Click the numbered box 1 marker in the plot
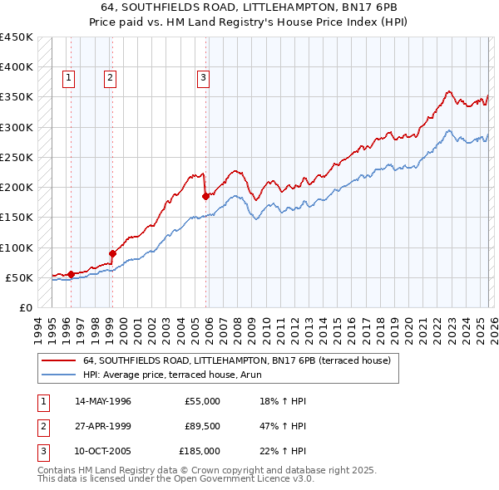pos(67,78)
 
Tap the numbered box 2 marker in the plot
pos(110,78)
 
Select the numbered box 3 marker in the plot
pos(203,78)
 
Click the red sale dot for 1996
pos(71,274)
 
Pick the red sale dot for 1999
pos(112,253)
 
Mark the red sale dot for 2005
pos(206,196)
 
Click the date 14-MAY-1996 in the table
pos(102,401)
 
